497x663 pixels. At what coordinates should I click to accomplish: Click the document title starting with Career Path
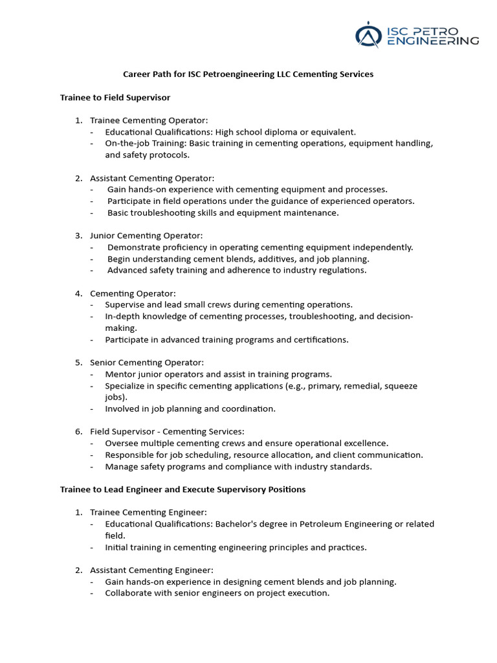coord(248,74)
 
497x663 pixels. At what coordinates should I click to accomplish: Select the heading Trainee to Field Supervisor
coord(115,97)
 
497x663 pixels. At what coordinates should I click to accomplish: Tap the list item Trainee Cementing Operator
coord(149,120)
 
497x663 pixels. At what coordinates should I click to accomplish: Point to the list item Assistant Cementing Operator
coord(151,178)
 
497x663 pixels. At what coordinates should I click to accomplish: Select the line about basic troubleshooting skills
coord(223,213)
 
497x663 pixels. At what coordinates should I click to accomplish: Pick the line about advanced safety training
coord(236,271)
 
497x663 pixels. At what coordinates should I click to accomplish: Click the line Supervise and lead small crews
coord(229,304)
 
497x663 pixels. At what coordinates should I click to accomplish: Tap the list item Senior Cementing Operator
coord(147,363)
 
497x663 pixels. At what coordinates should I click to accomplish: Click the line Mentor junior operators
coord(218,374)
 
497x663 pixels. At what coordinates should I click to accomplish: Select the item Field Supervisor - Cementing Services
coord(167,431)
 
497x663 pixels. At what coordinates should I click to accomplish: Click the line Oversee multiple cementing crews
coord(247,443)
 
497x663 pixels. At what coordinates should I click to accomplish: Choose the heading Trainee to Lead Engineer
coord(182,489)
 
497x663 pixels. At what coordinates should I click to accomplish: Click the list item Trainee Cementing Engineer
coord(148,512)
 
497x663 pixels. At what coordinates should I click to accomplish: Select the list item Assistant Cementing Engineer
coord(151,570)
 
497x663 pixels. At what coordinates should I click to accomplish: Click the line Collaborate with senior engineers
coord(217,593)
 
